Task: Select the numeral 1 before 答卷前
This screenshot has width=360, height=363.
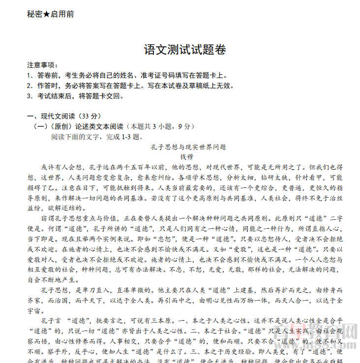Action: [29, 75]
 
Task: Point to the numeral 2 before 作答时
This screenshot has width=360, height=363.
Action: [29, 86]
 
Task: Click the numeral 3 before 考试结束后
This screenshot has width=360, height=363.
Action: [29, 96]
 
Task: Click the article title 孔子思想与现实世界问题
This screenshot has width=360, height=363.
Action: [188, 147]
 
